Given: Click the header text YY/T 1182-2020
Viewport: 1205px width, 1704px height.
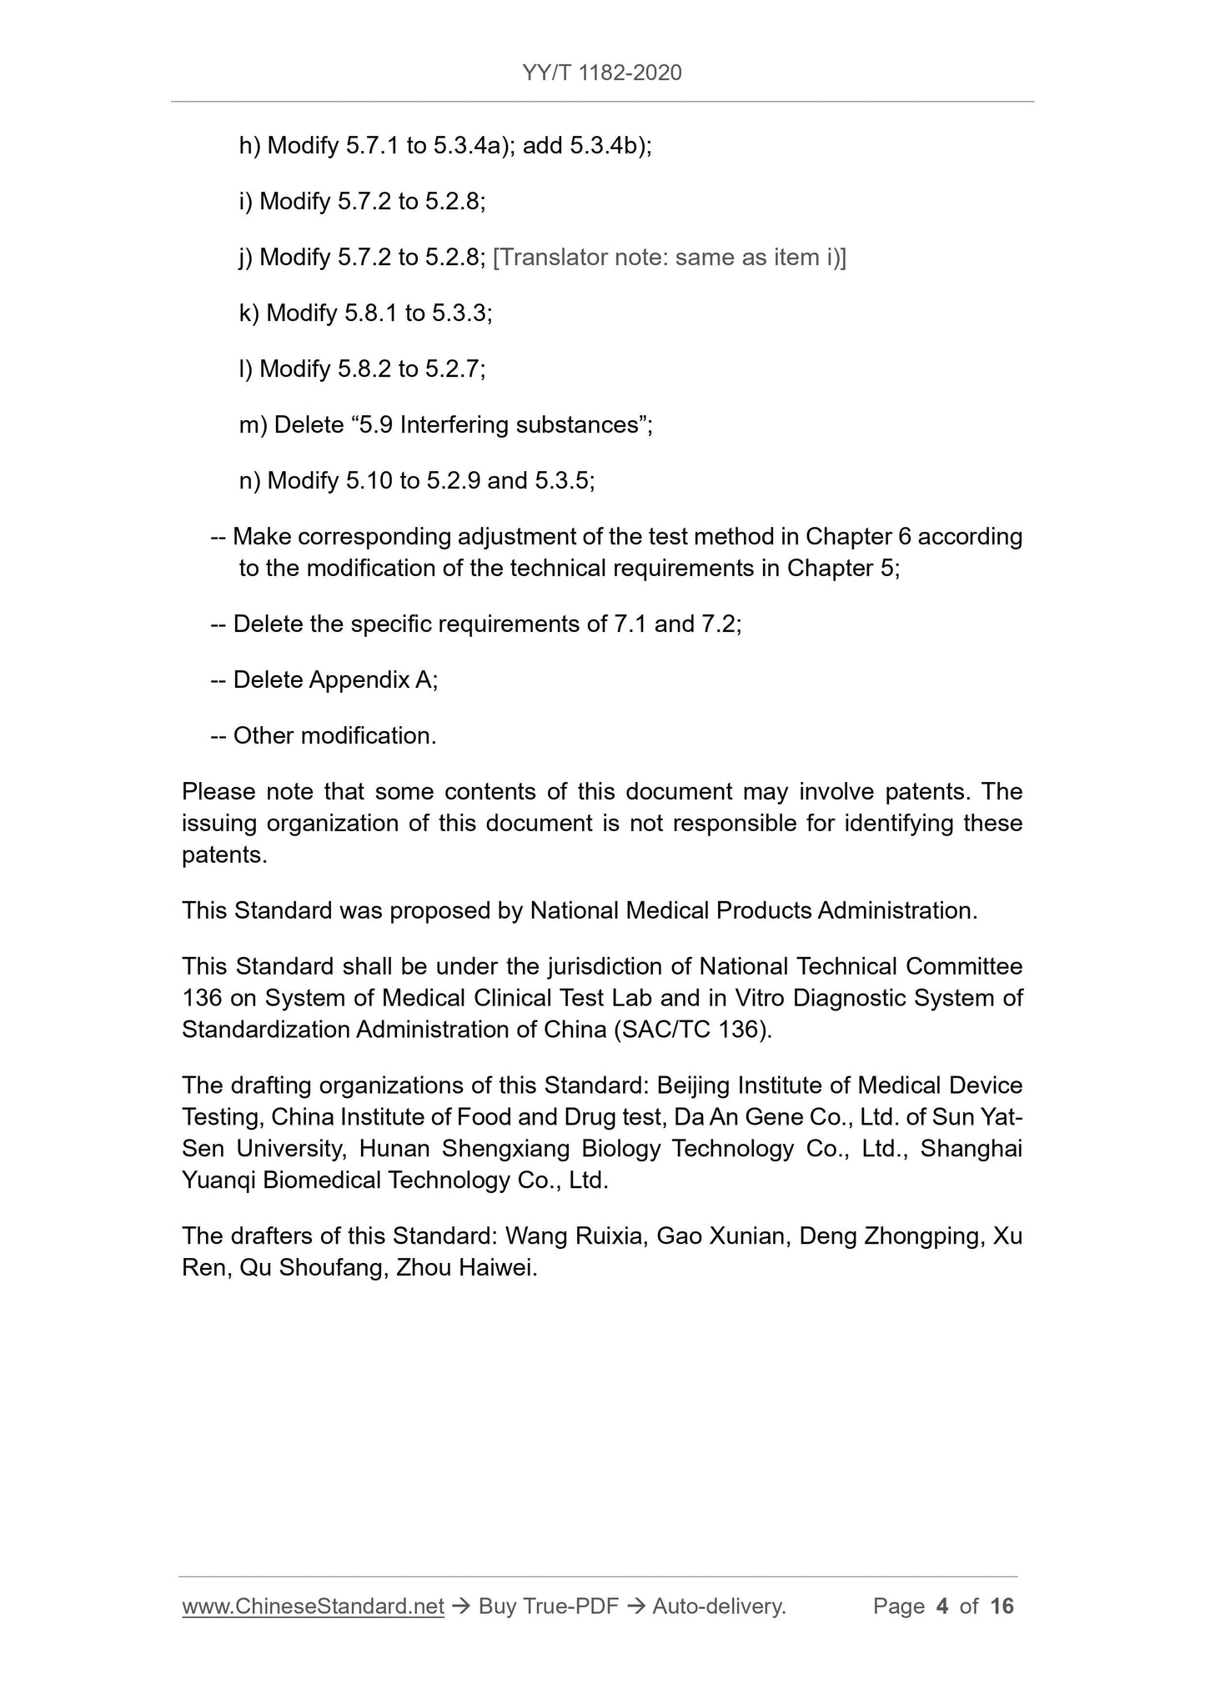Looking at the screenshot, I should [602, 73].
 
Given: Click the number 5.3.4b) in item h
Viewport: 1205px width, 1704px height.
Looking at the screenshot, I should [610, 147].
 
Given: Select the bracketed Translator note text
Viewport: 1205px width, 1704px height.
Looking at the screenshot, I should [670, 258].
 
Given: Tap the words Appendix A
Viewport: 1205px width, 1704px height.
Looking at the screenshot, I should [373, 680].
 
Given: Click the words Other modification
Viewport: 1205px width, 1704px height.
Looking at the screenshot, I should [334, 736].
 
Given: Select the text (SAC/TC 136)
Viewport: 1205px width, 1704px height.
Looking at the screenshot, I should [693, 1030].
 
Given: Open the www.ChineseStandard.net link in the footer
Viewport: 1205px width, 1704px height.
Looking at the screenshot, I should [313, 1606].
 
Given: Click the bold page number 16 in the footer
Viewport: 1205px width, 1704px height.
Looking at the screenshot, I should [1002, 1606].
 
